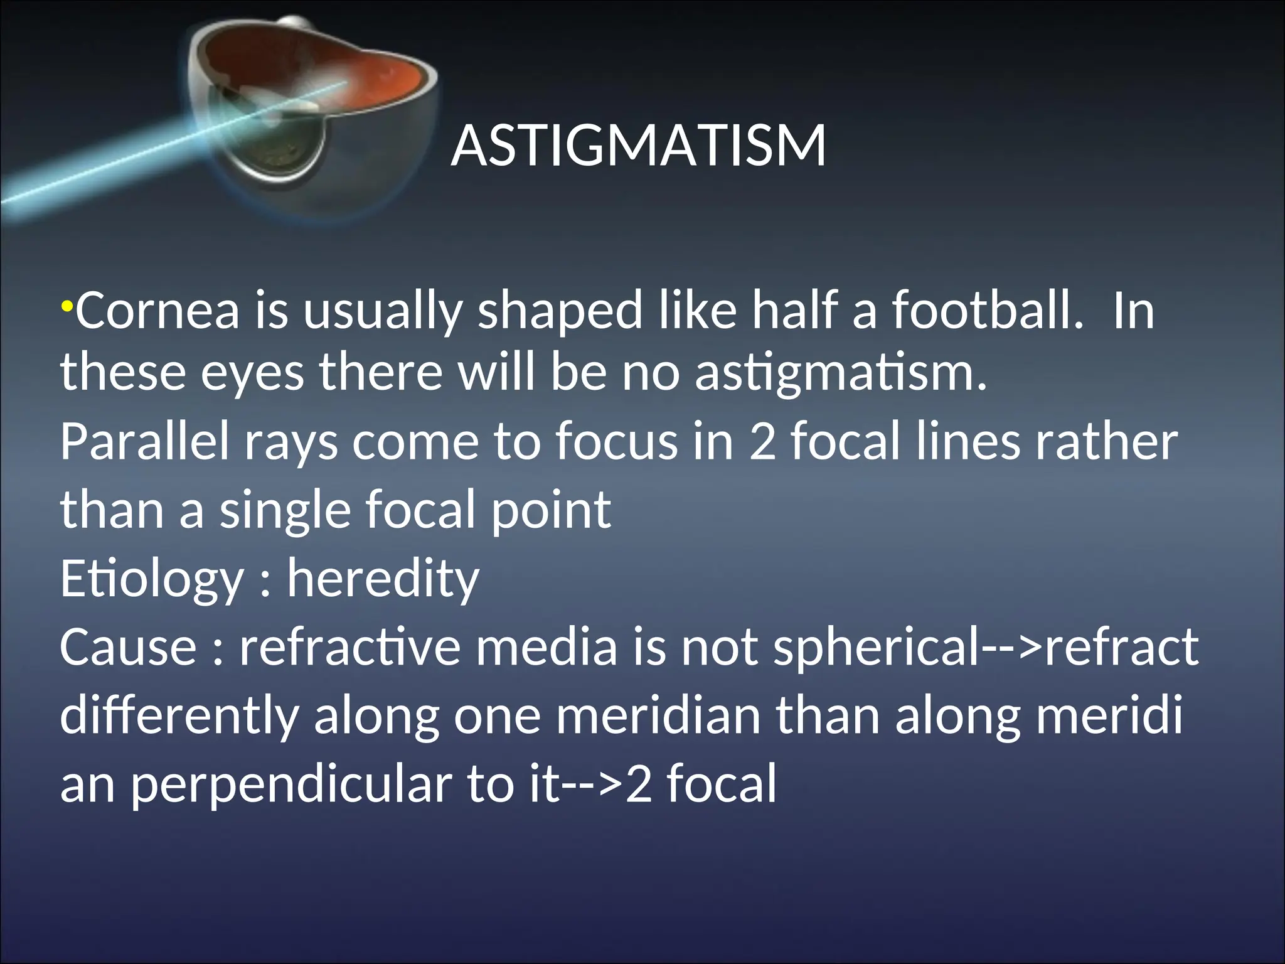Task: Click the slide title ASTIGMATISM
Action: pos(638,146)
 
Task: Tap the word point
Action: pos(550,510)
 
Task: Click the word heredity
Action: pos(383,579)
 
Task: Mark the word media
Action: pos(547,647)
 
